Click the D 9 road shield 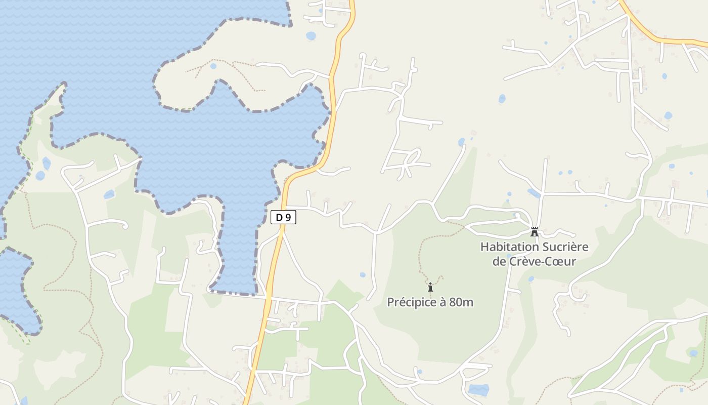tap(283, 218)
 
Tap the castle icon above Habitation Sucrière tap(534, 232)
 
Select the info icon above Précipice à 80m tap(430, 288)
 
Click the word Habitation tap(509, 247)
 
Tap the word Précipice tap(412, 302)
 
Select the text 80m tap(462, 302)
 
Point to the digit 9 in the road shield tap(288, 218)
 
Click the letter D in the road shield tap(279, 218)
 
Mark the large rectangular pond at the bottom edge tap(478, 390)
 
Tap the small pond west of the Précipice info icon tap(363, 275)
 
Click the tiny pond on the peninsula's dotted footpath tap(213, 66)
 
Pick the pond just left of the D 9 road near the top tap(311, 36)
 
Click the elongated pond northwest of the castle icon tap(534, 193)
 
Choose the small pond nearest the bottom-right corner tap(693, 353)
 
